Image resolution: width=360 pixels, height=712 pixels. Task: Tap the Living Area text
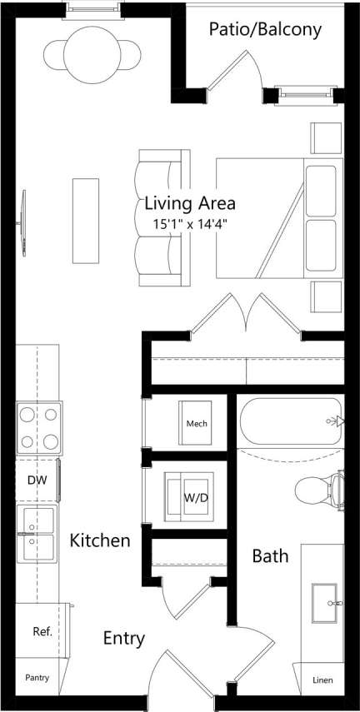coord(190,202)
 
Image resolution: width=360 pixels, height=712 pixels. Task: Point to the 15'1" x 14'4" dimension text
coord(190,223)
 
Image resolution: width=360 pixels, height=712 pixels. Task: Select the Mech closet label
coord(197,424)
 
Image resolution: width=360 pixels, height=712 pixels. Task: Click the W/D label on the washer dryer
coord(196,498)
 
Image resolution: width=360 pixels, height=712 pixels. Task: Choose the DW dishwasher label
coord(35,480)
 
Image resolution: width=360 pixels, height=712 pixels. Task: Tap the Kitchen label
coord(99,541)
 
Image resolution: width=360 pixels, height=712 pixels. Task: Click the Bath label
coord(270,555)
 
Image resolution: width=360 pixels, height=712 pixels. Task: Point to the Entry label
coord(124,639)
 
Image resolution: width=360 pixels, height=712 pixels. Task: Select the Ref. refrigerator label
coord(42,631)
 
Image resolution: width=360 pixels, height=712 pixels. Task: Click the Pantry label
coord(37,678)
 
